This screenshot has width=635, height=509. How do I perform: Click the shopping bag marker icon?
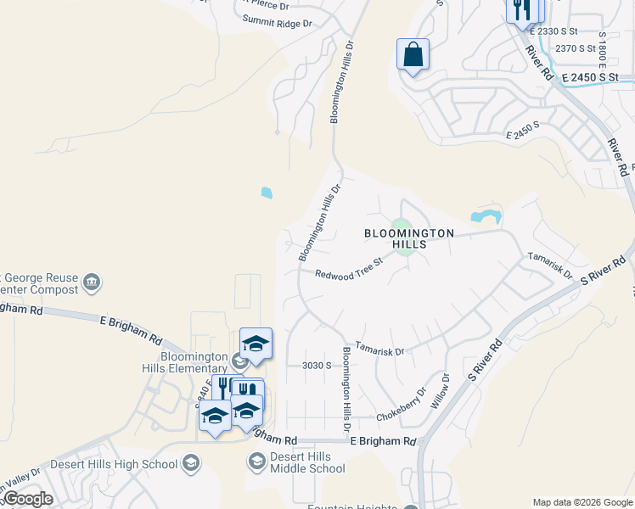point(413,55)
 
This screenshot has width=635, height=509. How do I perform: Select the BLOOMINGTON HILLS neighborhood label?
point(409,238)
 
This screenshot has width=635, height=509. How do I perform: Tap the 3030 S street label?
point(316,366)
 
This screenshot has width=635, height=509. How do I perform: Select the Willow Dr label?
point(440,390)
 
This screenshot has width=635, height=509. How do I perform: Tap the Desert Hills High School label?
point(114,464)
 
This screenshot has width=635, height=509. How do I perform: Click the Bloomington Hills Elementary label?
point(184,362)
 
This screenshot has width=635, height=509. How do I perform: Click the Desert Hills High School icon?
point(192,463)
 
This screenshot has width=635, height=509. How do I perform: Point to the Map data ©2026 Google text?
point(582,502)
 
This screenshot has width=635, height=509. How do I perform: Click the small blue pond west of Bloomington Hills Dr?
point(267,193)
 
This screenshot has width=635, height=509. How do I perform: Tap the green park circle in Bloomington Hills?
point(404,238)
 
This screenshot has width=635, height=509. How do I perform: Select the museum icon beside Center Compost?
point(93,282)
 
